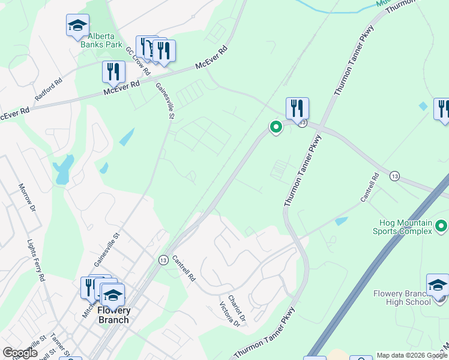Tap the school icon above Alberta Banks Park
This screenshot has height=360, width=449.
(77, 26)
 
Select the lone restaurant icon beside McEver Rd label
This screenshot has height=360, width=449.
(113, 73)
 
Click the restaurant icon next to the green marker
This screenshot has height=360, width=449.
(297, 109)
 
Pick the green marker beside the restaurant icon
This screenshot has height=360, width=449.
(276, 127)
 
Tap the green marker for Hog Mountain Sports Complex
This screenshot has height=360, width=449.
(441, 226)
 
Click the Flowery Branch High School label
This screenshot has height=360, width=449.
(402, 298)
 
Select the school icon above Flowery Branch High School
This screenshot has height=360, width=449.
(437, 285)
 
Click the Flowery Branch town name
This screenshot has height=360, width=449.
(113, 315)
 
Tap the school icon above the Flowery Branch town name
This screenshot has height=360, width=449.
(112, 295)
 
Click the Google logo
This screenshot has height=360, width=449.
(20, 353)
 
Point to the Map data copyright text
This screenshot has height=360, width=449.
(412, 355)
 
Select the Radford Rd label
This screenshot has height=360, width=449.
(48, 90)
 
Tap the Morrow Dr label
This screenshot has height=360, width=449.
(27, 198)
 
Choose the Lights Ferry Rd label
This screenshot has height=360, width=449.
(36, 260)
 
